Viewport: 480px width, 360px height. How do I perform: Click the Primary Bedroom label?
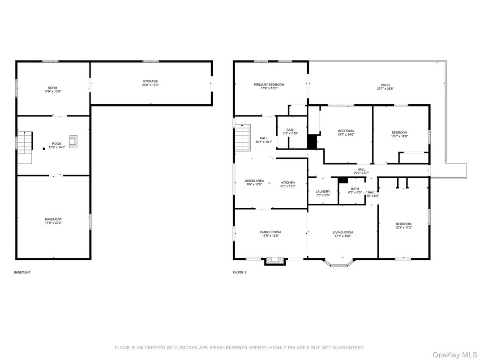point(269,86)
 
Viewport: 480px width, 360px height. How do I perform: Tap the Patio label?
point(385,86)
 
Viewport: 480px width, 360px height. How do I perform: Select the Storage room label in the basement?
point(150,83)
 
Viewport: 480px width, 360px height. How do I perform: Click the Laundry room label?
point(322,193)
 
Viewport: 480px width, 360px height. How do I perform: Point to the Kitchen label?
point(287,184)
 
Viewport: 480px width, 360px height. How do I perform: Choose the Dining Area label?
point(254,182)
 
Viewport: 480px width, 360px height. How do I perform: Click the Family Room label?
point(270,234)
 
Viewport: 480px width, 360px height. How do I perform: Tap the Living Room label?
point(343,234)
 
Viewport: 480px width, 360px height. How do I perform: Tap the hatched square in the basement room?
point(73,141)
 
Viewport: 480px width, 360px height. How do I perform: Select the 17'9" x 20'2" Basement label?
point(53,221)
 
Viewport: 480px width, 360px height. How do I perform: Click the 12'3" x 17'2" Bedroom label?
point(403,226)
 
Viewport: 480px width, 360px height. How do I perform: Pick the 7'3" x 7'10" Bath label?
point(290,132)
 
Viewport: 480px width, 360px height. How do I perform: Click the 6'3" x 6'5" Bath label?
point(355,190)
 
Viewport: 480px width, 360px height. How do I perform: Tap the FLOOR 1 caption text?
point(239,272)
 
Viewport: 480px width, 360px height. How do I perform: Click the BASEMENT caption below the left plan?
point(22,272)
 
